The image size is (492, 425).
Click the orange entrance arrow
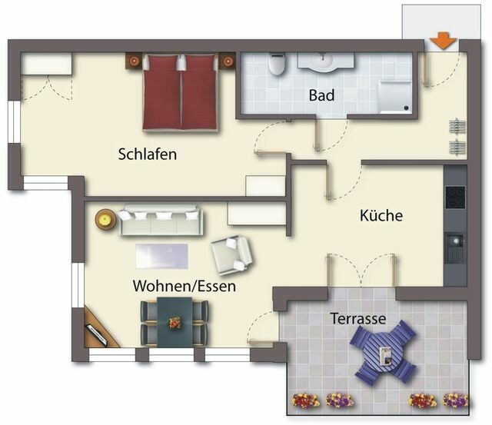tap(442, 42)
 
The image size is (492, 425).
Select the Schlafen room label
tap(148, 154)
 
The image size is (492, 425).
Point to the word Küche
tap(381, 216)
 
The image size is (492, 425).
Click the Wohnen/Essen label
tap(184, 286)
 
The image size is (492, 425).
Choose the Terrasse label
tap(358, 317)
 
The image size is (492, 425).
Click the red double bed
tap(181, 91)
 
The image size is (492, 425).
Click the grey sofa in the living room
tap(161, 221)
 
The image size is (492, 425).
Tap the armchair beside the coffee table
tap(231, 254)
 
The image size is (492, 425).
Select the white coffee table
tap(162, 255)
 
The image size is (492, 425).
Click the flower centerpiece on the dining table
tap(175, 323)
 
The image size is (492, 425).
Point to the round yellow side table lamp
tap(104, 219)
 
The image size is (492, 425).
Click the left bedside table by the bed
tap(134, 60)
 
